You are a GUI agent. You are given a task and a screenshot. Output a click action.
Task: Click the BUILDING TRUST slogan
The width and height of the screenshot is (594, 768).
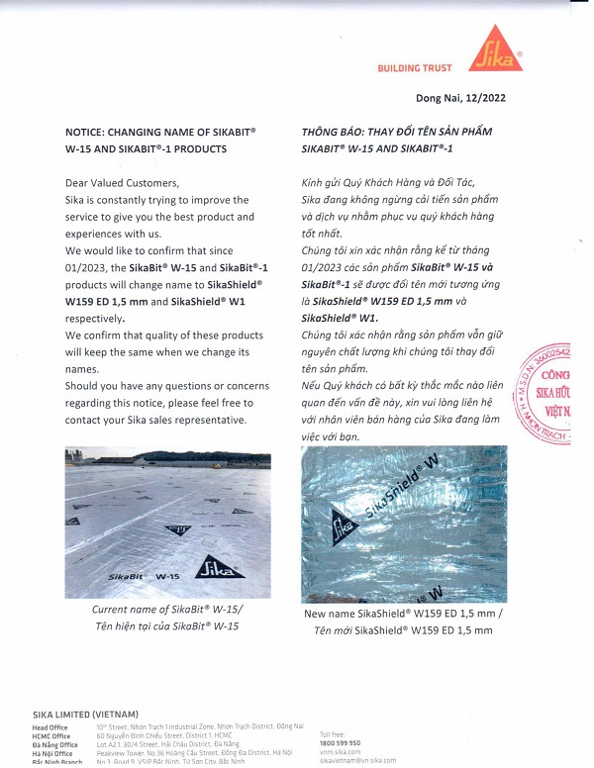(415, 68)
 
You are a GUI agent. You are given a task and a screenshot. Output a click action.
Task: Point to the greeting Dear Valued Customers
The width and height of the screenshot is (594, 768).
(123, 183)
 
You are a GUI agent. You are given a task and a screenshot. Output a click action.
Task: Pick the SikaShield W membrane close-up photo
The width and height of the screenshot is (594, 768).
(403, 525)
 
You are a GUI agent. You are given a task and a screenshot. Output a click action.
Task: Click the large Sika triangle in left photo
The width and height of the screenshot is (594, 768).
(219, 567)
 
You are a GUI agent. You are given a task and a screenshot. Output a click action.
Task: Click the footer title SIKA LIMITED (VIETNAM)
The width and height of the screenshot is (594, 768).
(85, 715)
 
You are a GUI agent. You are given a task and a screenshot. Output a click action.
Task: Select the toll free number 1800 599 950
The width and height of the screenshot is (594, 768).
(341, 742)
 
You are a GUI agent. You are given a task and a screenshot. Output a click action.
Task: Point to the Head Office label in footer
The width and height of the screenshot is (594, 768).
(50, 727)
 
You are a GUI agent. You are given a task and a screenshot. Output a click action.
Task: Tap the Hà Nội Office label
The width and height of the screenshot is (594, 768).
(52, 752)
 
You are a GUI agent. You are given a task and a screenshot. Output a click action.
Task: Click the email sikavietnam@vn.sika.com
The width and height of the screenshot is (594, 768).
(357, 760)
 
